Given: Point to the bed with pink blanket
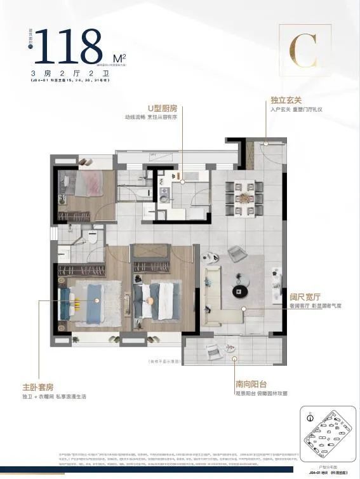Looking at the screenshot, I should point(86,186).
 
